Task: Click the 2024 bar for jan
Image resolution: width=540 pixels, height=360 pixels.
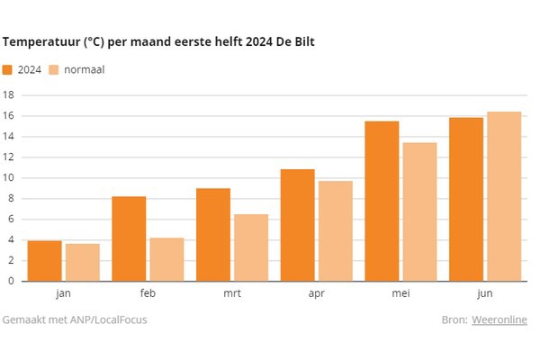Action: point(45,261)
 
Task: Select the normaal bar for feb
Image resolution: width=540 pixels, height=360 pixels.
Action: point(166,259)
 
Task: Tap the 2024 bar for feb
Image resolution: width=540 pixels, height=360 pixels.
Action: point(129,238)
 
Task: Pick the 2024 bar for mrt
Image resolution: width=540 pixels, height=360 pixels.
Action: point(213,234)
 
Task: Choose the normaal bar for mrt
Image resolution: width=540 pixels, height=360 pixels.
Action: point(251,247)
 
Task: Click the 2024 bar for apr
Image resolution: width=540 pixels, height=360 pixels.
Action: point(297,225)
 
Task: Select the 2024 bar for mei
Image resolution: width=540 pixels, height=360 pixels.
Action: point(382,201)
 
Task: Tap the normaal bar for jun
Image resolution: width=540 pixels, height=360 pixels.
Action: point(504,196)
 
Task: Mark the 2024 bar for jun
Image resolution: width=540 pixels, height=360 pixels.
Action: point(466,199)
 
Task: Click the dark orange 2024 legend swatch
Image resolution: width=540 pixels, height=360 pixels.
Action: point(8,69)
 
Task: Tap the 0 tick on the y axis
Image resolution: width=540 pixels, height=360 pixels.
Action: point(12,281)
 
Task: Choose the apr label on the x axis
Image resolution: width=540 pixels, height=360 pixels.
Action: point(316,293)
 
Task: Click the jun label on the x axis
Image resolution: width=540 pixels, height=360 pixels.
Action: point(485,293)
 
